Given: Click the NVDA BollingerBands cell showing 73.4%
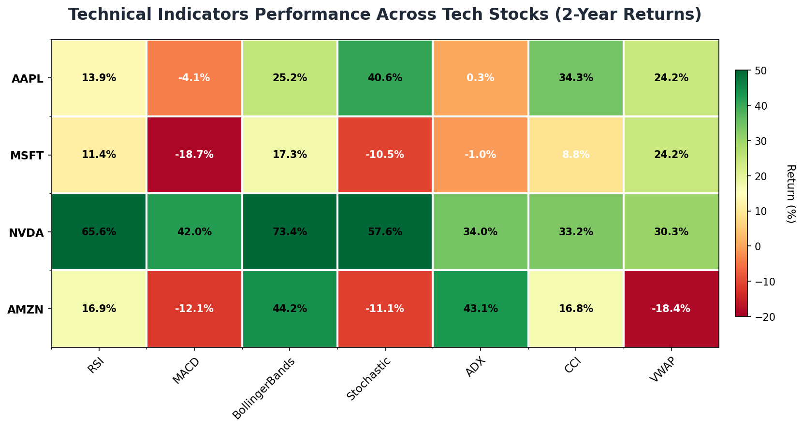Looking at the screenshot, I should coord(290,232).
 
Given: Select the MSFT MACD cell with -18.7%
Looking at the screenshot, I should coord(194,155).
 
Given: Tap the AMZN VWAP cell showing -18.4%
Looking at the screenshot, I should coord(671,309).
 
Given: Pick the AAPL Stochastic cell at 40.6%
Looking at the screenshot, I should coord(385,78).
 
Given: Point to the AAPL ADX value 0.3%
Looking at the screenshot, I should coord(481,78).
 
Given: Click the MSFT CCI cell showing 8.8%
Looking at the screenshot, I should coord(576,155).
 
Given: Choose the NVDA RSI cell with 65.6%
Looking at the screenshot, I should coord(99,232).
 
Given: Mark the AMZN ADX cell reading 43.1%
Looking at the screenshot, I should coord(481,309).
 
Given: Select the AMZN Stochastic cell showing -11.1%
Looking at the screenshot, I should coord(385,309).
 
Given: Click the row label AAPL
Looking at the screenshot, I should coord(28,79).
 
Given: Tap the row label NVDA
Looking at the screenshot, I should coord(27,233).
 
